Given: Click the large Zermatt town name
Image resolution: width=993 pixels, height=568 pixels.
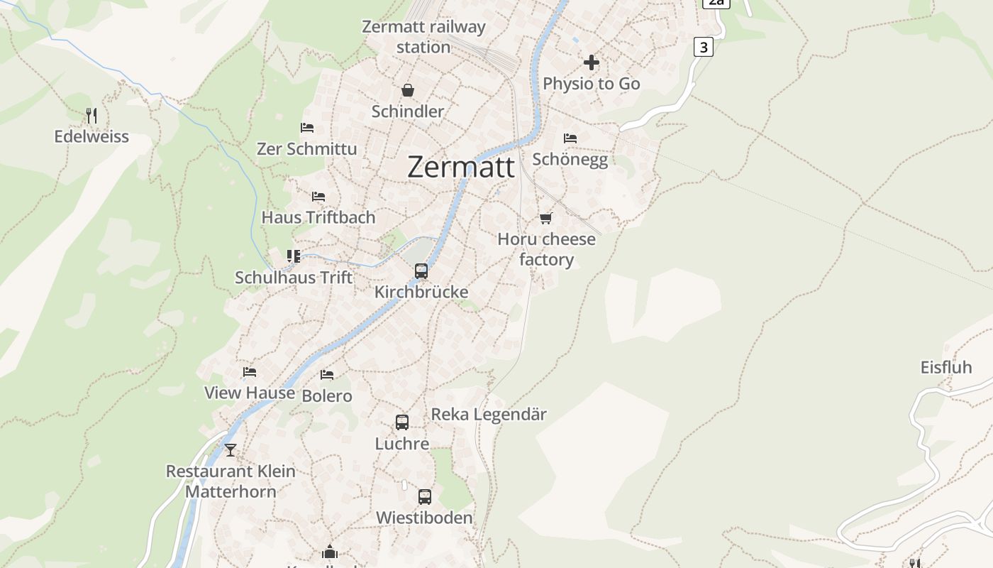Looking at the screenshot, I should click(x=461, y=167).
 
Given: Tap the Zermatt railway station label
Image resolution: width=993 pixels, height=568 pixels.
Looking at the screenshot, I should click(x=423, y=37).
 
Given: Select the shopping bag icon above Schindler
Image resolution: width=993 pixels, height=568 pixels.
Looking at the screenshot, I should click(x=408, y=90).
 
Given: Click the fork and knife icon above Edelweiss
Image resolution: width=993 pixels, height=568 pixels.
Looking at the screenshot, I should click(x=91, y=115).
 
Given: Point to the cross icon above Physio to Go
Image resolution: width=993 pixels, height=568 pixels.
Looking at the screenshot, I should click(x=592, y=62).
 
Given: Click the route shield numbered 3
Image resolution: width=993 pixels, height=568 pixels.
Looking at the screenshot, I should click(x=703, y=48).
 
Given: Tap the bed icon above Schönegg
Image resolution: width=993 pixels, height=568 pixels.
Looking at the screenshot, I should click(x=570, y=138).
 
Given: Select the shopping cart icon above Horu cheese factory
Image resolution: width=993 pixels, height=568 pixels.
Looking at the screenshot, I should click(x=545, y=218).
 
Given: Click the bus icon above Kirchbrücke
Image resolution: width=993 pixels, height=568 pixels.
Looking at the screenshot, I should click(x=421, y=271).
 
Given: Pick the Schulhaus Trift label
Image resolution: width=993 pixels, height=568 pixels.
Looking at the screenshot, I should click(x=294, y=278).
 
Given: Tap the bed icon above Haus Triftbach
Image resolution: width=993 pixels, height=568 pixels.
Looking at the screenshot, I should click(x=318, y=196).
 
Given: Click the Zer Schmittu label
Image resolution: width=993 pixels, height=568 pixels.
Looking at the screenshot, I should click(x=307, y=149).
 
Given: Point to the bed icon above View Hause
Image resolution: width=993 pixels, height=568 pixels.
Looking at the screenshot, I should click(x=250, y=371).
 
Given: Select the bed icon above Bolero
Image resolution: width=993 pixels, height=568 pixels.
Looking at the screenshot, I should click(x=327, y=374).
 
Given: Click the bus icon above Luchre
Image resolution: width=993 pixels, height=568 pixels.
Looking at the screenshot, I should click(x=402, y=422).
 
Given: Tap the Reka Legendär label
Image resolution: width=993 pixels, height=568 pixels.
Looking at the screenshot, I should click(x=489, y=414).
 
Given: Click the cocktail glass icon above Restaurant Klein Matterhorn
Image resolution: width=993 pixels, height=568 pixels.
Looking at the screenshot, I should click(x=231, y=449).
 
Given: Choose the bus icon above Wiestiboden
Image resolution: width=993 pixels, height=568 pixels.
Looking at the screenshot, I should click(x=425, y=496).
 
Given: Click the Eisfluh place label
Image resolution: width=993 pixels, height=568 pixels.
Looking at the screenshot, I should click(x=946, y=367).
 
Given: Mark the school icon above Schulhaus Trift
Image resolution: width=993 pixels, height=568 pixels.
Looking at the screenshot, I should click(x=294, y=256).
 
